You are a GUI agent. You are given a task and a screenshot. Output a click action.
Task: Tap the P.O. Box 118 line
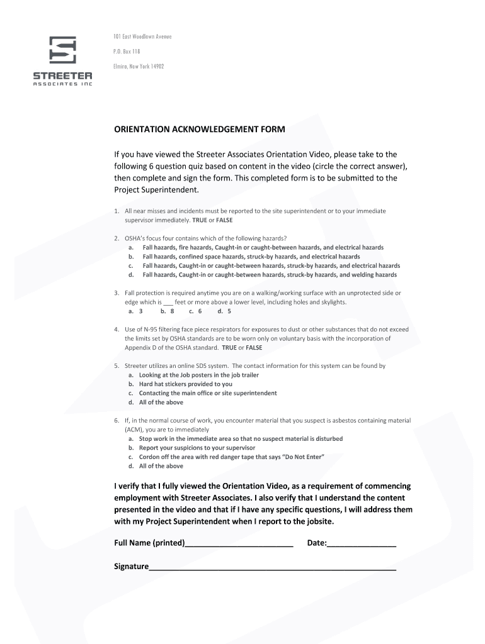[127, 52]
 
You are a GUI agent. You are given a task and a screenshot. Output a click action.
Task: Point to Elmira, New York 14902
[139, 66]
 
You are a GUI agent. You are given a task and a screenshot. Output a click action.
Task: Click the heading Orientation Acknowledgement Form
[199, 130]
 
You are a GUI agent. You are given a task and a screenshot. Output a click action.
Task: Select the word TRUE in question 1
[199, 221]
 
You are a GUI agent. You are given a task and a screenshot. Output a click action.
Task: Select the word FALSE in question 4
[254, 347]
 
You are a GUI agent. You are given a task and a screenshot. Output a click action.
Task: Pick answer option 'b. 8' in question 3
[167, 311]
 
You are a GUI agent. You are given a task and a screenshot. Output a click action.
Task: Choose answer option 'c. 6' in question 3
[195, 311]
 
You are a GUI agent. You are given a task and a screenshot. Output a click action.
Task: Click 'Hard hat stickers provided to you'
[185, 384]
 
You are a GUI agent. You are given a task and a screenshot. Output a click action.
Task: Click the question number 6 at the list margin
[117, 420]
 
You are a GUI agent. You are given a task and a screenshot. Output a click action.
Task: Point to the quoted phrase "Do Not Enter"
[302, 457]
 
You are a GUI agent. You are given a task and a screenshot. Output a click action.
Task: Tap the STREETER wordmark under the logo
[62, 75]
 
